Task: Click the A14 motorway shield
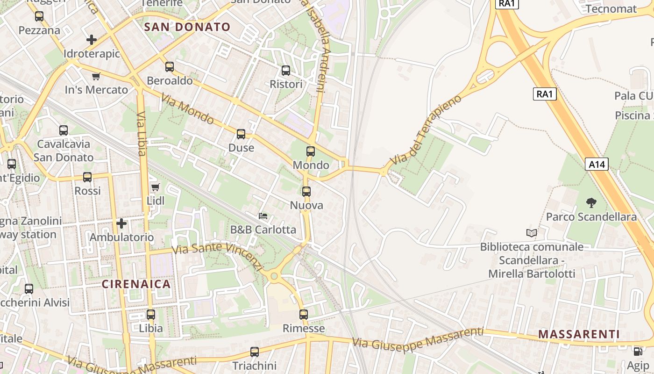point(597,164)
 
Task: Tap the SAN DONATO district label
point(187,27)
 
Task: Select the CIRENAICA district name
point(136,284)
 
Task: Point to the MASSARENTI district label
point(579,334)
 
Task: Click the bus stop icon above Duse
point(241,134)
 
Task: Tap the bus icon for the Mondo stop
point(311,151)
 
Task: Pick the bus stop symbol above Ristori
point(286,71)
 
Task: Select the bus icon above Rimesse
point(304,315)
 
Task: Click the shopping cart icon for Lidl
point(155,187)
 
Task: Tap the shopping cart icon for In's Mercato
point(96,76)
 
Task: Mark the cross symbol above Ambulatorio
point(121,223)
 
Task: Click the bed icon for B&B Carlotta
point(263,216)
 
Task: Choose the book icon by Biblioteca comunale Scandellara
point(532,233)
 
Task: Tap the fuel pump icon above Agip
point(638,351)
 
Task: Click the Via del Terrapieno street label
point(425,129)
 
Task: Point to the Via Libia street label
point(142,134)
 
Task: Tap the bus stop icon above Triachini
point(255,352)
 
